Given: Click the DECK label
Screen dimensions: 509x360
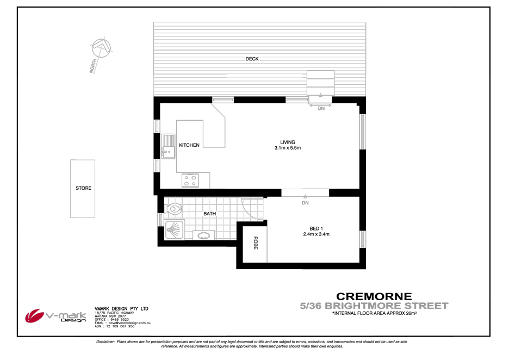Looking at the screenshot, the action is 252,59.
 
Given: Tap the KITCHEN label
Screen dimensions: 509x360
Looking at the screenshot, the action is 189,145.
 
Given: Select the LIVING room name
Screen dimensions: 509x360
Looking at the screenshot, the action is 288,142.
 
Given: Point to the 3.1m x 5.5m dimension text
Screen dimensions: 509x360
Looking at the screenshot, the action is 288,148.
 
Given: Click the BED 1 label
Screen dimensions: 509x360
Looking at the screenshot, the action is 316,228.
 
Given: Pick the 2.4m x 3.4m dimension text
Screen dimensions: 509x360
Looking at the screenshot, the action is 316,234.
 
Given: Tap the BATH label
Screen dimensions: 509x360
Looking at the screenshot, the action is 210,214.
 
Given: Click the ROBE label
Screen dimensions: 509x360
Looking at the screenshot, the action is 256,243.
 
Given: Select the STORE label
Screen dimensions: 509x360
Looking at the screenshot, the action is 83,188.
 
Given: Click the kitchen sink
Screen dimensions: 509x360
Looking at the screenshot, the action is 168,147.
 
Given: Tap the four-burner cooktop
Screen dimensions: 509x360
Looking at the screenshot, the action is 190,181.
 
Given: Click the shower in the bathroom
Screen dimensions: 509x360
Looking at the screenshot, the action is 175,230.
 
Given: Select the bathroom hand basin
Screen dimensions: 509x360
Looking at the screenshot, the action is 203,235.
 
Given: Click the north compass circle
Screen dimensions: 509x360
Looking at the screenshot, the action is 101,48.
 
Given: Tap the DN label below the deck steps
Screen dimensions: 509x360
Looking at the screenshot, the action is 321,108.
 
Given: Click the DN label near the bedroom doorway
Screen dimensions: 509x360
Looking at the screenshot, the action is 305,202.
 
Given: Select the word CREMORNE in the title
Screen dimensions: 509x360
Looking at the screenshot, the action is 374,296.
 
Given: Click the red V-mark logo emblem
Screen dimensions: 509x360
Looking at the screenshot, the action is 34,315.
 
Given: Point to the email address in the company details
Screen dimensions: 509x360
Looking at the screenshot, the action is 123,323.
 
